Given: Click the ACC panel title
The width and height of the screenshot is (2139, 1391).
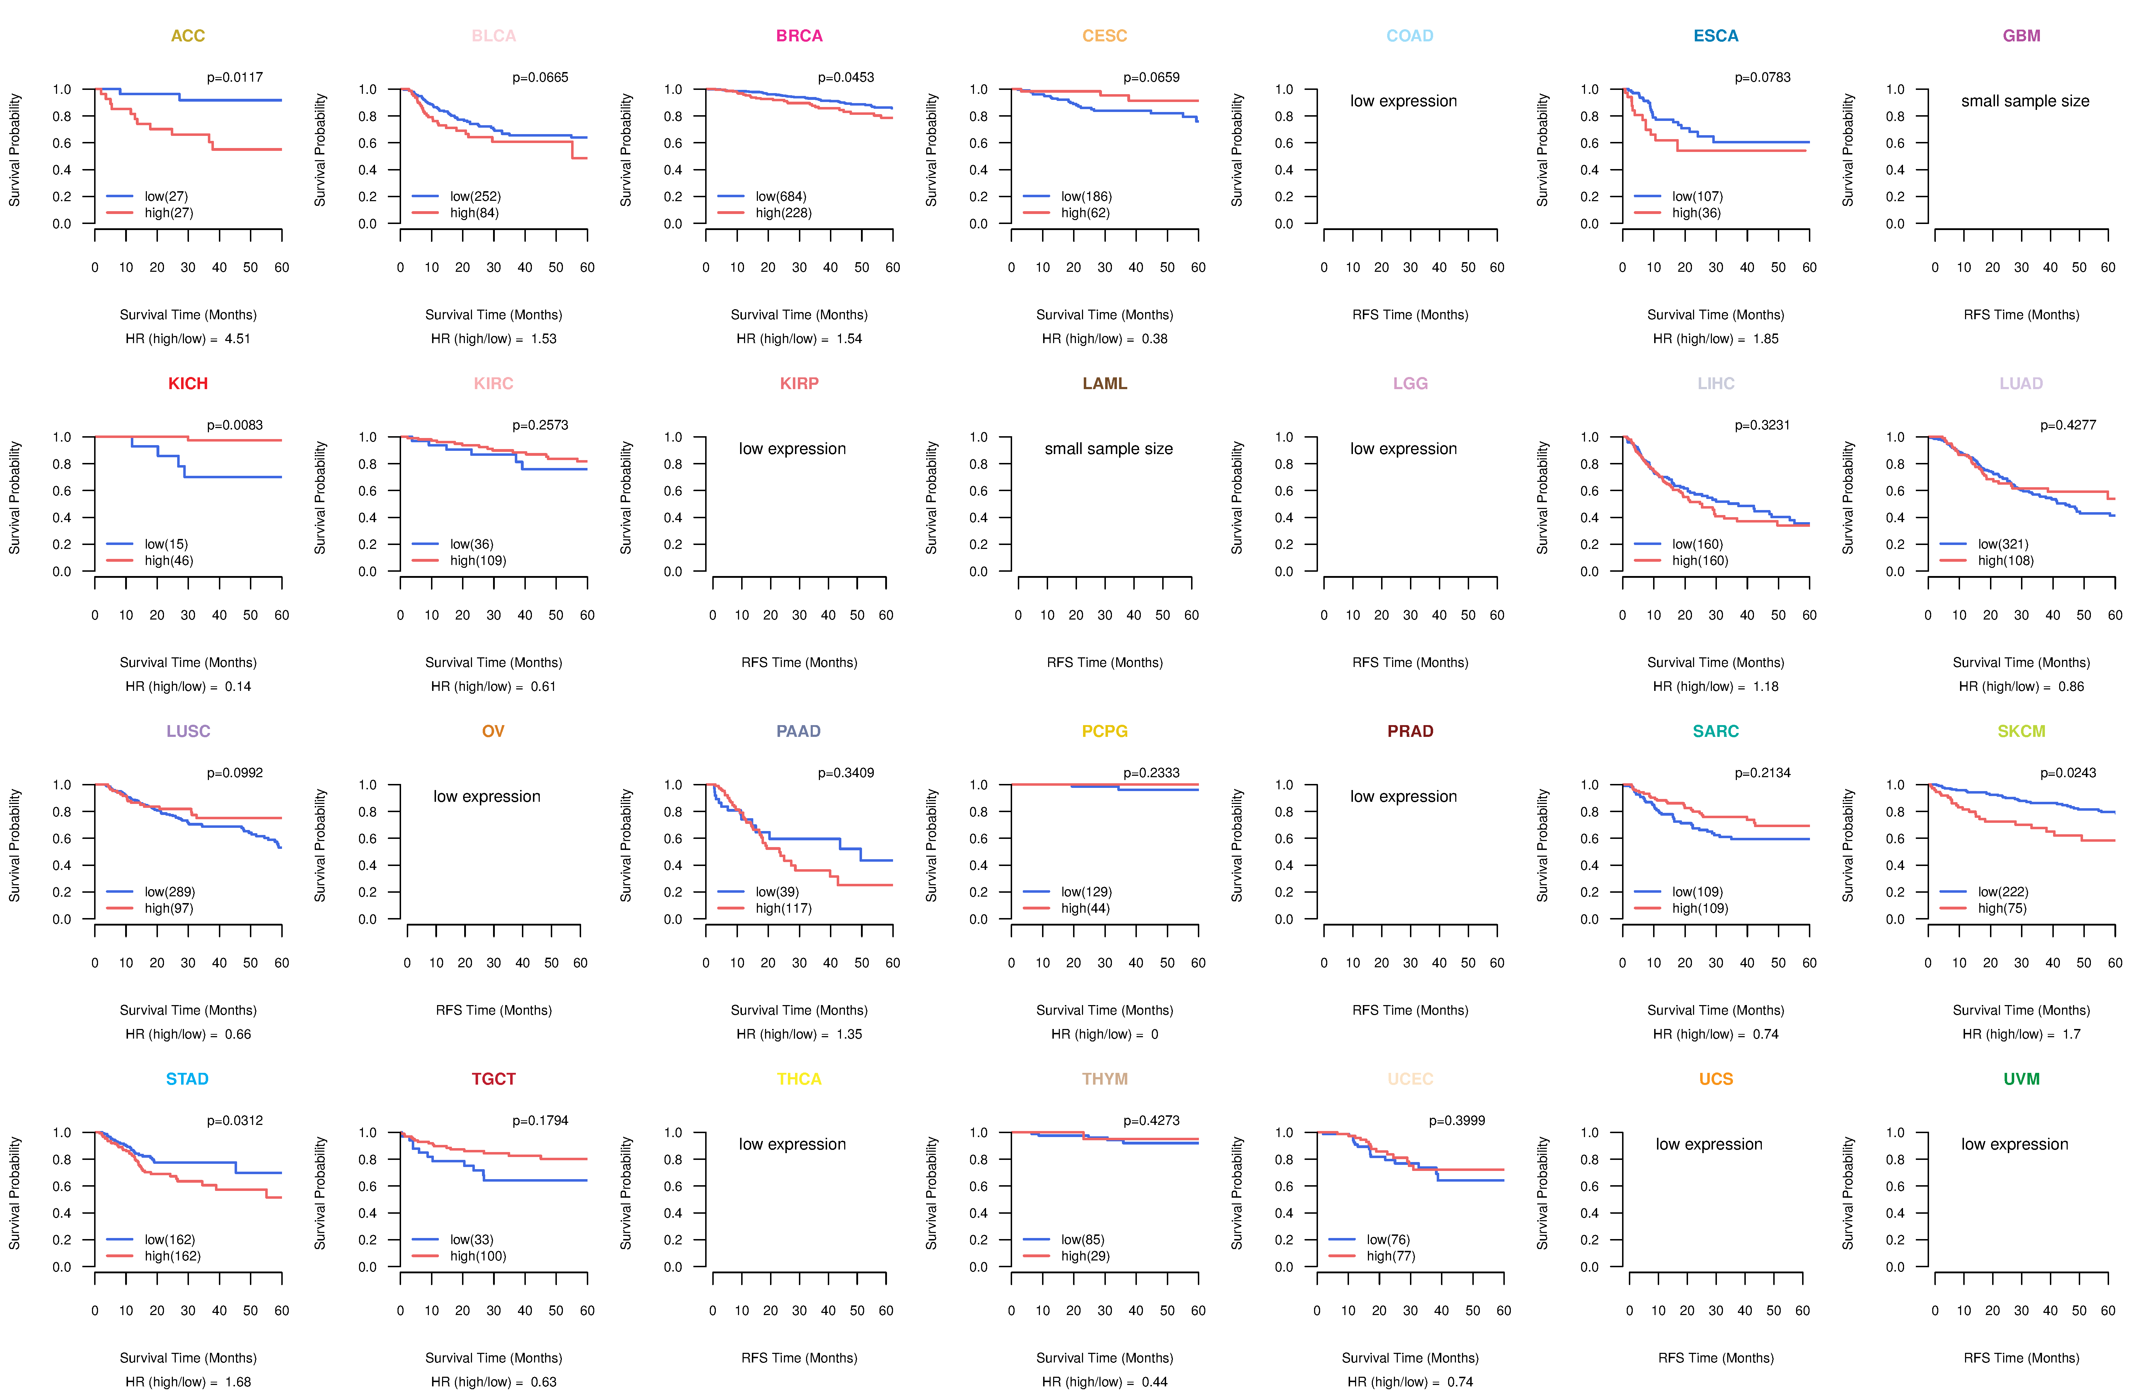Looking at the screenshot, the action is tap(188, 36).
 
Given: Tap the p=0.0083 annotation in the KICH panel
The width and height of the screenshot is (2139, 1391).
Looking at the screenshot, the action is tap(235, 425).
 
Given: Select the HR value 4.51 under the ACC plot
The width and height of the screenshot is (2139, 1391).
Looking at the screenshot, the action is tap(237, 339).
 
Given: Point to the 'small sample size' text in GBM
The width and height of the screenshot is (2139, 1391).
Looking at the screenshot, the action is tap(2025, 101).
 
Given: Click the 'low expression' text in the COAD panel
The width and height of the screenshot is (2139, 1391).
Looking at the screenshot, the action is tap(1403, 101).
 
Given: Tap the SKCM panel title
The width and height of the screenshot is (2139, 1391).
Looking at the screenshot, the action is tap(2021, 731).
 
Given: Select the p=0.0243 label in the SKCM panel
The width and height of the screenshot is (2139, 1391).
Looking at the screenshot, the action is tap(2068, 773).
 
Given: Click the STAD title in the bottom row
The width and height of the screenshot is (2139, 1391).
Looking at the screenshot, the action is tap(187, 1079).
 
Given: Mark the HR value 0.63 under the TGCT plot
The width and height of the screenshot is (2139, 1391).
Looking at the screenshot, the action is tap(543, 1382).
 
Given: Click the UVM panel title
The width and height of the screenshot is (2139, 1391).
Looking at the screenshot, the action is tap(2021, 1079).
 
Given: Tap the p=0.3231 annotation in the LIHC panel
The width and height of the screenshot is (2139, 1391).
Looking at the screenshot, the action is tap(1763, 425).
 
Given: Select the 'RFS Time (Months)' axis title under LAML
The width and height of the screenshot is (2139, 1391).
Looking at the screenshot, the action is tap(1104, 663).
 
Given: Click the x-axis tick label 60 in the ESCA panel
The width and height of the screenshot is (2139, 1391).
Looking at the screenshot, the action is tap(1809, 267).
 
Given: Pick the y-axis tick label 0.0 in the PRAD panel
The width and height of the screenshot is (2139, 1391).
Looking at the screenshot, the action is tap(1283, 919).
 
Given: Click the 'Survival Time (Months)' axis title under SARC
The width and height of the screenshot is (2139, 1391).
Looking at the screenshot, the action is tap(1716, 1011).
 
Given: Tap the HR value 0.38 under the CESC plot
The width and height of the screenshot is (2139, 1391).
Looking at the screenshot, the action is tap(1154, 339).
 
